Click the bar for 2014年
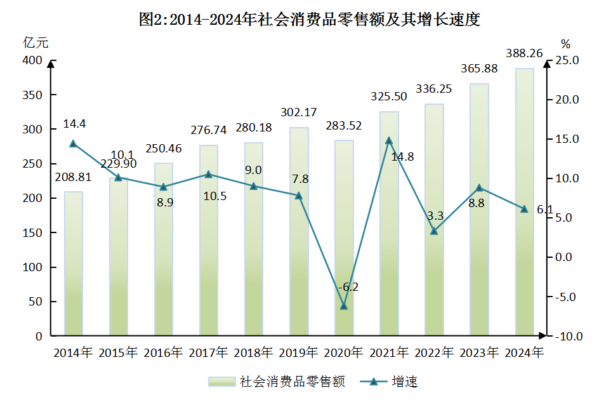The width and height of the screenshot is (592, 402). coord(73,264)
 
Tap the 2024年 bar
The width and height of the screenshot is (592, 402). coord(524,202)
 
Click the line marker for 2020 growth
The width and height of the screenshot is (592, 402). coord(344,306)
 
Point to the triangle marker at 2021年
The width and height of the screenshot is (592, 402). coord(389,140)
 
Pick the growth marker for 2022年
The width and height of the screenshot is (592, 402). coord(434,231)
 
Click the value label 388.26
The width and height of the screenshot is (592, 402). coord(523,54)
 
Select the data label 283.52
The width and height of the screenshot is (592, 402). coord(343,126)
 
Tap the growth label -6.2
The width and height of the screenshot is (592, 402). coord(348,287)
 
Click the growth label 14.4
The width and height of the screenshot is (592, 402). coord(74,124)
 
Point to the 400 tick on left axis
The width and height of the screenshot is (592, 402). coord(32,61)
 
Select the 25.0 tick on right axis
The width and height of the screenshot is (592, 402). coord(567,61)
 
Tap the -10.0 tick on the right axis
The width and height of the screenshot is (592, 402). coord(567,336)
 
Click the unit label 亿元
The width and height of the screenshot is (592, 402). coord(36,43)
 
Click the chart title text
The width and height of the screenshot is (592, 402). coord(309,20)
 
